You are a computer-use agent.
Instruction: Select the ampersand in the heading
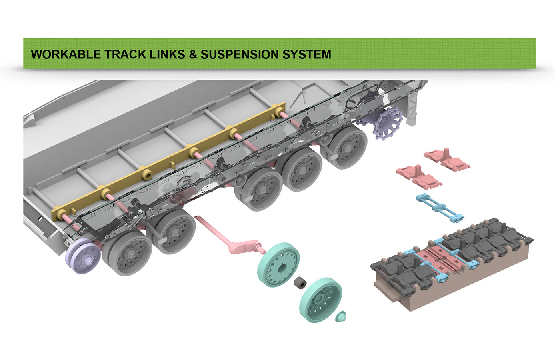tap(193, 54)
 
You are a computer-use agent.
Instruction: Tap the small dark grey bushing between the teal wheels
tap(299, 283)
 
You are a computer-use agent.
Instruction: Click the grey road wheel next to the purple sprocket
tap(348, 146)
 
